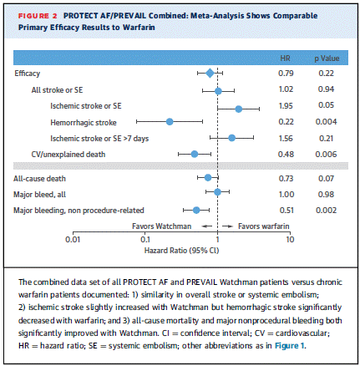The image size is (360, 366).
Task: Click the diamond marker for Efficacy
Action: click(x=210, y=74)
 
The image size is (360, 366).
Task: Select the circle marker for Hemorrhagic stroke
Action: click(x=170, y=121)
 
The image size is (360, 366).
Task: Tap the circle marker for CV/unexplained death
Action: click(x=195, y=154)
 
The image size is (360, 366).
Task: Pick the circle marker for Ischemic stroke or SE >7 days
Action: click(x=231, y=138)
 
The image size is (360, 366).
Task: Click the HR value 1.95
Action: click(x=286, y=106)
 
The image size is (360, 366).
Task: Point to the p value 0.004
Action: click(x=326, y=122)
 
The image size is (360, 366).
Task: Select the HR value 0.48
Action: click(x=286, y=155)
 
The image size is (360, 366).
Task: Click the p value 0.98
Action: click(x=326, y=195)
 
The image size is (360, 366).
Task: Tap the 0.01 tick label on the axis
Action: click(x=73, y=240)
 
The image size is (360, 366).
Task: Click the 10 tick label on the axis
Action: click(x=290, y=240)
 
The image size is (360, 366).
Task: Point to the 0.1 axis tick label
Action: click(x=145, y=240)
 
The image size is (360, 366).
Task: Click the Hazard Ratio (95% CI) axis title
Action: click(x=181, y=251)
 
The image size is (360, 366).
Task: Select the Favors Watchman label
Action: click(x=161, y=226)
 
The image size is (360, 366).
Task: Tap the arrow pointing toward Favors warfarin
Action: click(x=227, y=226)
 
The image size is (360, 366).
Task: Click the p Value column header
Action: click(x=327, y=58)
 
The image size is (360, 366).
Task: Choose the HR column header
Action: click(x=285, y=58)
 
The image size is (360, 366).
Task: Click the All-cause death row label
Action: click(x=39, y=179)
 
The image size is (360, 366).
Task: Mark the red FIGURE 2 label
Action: click(x=38, y=16)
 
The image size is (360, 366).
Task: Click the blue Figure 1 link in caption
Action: click(x=290, y=346)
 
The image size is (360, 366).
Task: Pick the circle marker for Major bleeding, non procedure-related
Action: click(x=196, y=210)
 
